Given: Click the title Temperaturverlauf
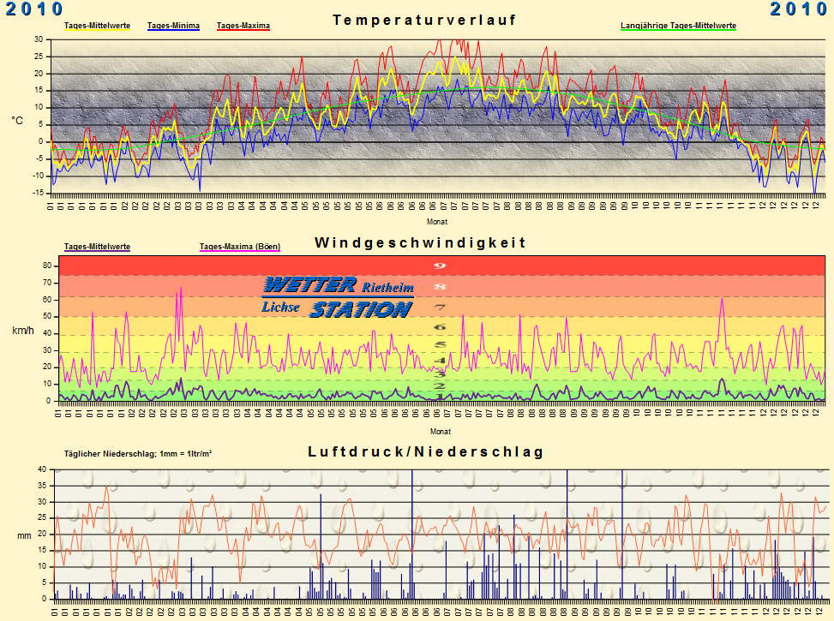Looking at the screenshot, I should [x=424, y=20].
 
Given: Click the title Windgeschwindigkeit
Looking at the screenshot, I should [x=420, y=242].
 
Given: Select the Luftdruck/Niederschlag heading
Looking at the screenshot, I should [x=425, y=451].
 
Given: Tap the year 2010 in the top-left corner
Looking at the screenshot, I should [x=34, y=9].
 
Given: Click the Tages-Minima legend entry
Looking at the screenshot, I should [x=173, y=26].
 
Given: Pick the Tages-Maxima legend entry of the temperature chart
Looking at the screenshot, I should [x=243, y=26].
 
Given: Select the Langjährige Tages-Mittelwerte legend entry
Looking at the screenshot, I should [x=678, y=26].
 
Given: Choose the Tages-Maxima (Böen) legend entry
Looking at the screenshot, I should [x=240, y=247].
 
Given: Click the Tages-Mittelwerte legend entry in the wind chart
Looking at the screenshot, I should [x=97, y=247].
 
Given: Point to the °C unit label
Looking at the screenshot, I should [x=17, y=121].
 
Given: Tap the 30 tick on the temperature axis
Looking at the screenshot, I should [x=39, y=39].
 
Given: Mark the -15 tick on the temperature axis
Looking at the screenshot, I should [x=36, y=193].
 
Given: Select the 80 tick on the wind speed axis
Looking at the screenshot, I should [x=47, y=266].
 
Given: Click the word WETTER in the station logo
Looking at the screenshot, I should [x=310, y=284].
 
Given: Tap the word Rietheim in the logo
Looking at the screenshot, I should [x=387, y=286].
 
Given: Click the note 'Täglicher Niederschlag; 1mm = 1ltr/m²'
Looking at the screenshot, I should [x=138, y=453].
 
